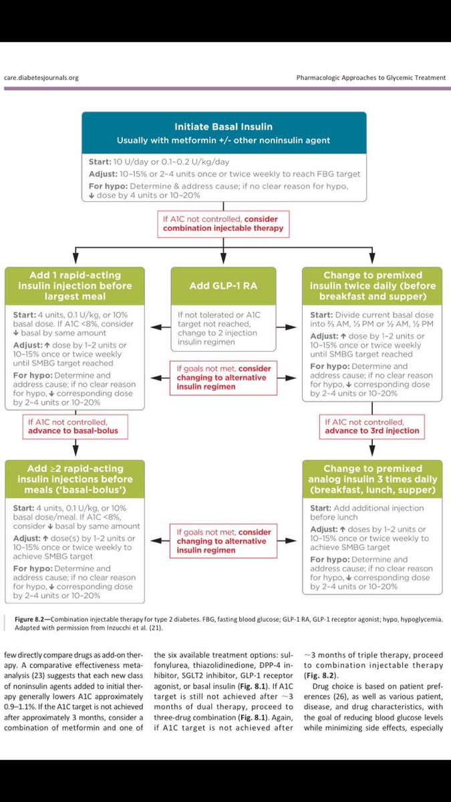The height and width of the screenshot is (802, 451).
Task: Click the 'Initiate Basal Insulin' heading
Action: (x=223, y=127)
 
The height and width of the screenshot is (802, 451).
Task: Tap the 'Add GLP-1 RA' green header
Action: (x=223, y=286)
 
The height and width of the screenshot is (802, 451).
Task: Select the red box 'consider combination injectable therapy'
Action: (x=223, y=224)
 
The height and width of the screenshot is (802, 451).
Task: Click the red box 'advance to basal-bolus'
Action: (x=75, y=427)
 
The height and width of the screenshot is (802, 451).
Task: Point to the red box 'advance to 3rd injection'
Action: (x=372, y=427)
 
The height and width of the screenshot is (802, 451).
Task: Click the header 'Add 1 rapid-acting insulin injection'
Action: (x=75, y=286)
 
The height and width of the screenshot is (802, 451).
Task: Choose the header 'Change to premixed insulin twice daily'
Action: (x=372, y=286)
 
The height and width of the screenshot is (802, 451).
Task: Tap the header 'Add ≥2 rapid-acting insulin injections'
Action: (x=75, y=479)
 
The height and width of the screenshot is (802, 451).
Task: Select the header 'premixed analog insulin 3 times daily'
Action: (x=372, y=479)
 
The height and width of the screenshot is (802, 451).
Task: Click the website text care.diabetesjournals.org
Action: (x=41, y=78)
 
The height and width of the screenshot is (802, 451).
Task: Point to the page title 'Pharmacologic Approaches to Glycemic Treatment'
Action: (x=371, y=78)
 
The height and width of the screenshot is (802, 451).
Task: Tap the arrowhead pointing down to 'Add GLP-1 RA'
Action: (x=223, y=259)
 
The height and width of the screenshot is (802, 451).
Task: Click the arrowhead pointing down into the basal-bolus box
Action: (x=76, y=451)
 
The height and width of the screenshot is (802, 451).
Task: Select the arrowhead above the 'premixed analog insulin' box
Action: (x=372, y=451)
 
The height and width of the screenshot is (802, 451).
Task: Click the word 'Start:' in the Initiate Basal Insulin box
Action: (x=100, y=162)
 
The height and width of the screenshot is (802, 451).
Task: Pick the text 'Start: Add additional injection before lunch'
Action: (x=367, y=513)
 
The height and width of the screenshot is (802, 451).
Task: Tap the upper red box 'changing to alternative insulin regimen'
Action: (x=223, y=378)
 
